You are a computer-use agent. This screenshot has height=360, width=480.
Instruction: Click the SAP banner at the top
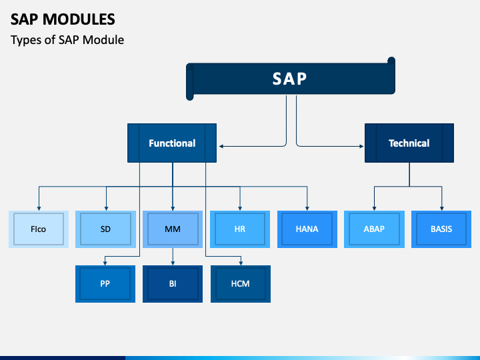coord(291,79)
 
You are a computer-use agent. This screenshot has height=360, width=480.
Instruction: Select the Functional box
coord(172,143)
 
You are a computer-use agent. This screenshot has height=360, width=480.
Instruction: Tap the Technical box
coord(409,143)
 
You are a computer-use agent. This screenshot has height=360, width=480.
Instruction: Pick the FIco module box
coord(39,229)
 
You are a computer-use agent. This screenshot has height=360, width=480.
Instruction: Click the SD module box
coord(105,229)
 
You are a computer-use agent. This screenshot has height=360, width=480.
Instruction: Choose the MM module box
coord(173,229)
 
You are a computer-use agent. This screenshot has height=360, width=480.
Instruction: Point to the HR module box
coord(240,229)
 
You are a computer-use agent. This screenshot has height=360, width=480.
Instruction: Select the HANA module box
coord(307,229)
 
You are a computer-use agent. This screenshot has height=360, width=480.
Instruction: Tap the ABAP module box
coord(374,229)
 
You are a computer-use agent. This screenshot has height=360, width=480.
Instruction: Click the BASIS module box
coord(441,229)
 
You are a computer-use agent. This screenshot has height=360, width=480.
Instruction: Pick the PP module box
coord(105,284)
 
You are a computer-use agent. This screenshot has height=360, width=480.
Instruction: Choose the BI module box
coord(173,284)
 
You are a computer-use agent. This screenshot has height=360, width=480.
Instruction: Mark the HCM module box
coord(241,284)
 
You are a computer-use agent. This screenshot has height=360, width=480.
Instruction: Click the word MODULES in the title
coord(79,19)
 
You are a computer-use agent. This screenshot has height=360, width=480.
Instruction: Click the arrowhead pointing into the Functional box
coord(221,146)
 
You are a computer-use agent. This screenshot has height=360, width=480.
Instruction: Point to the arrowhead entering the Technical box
coord(361,146)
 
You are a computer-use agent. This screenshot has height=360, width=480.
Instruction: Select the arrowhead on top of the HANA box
coord(307,209)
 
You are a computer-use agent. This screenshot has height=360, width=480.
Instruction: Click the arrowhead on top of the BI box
coord(173,263)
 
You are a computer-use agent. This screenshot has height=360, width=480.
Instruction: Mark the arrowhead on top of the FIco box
coord(39,209)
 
